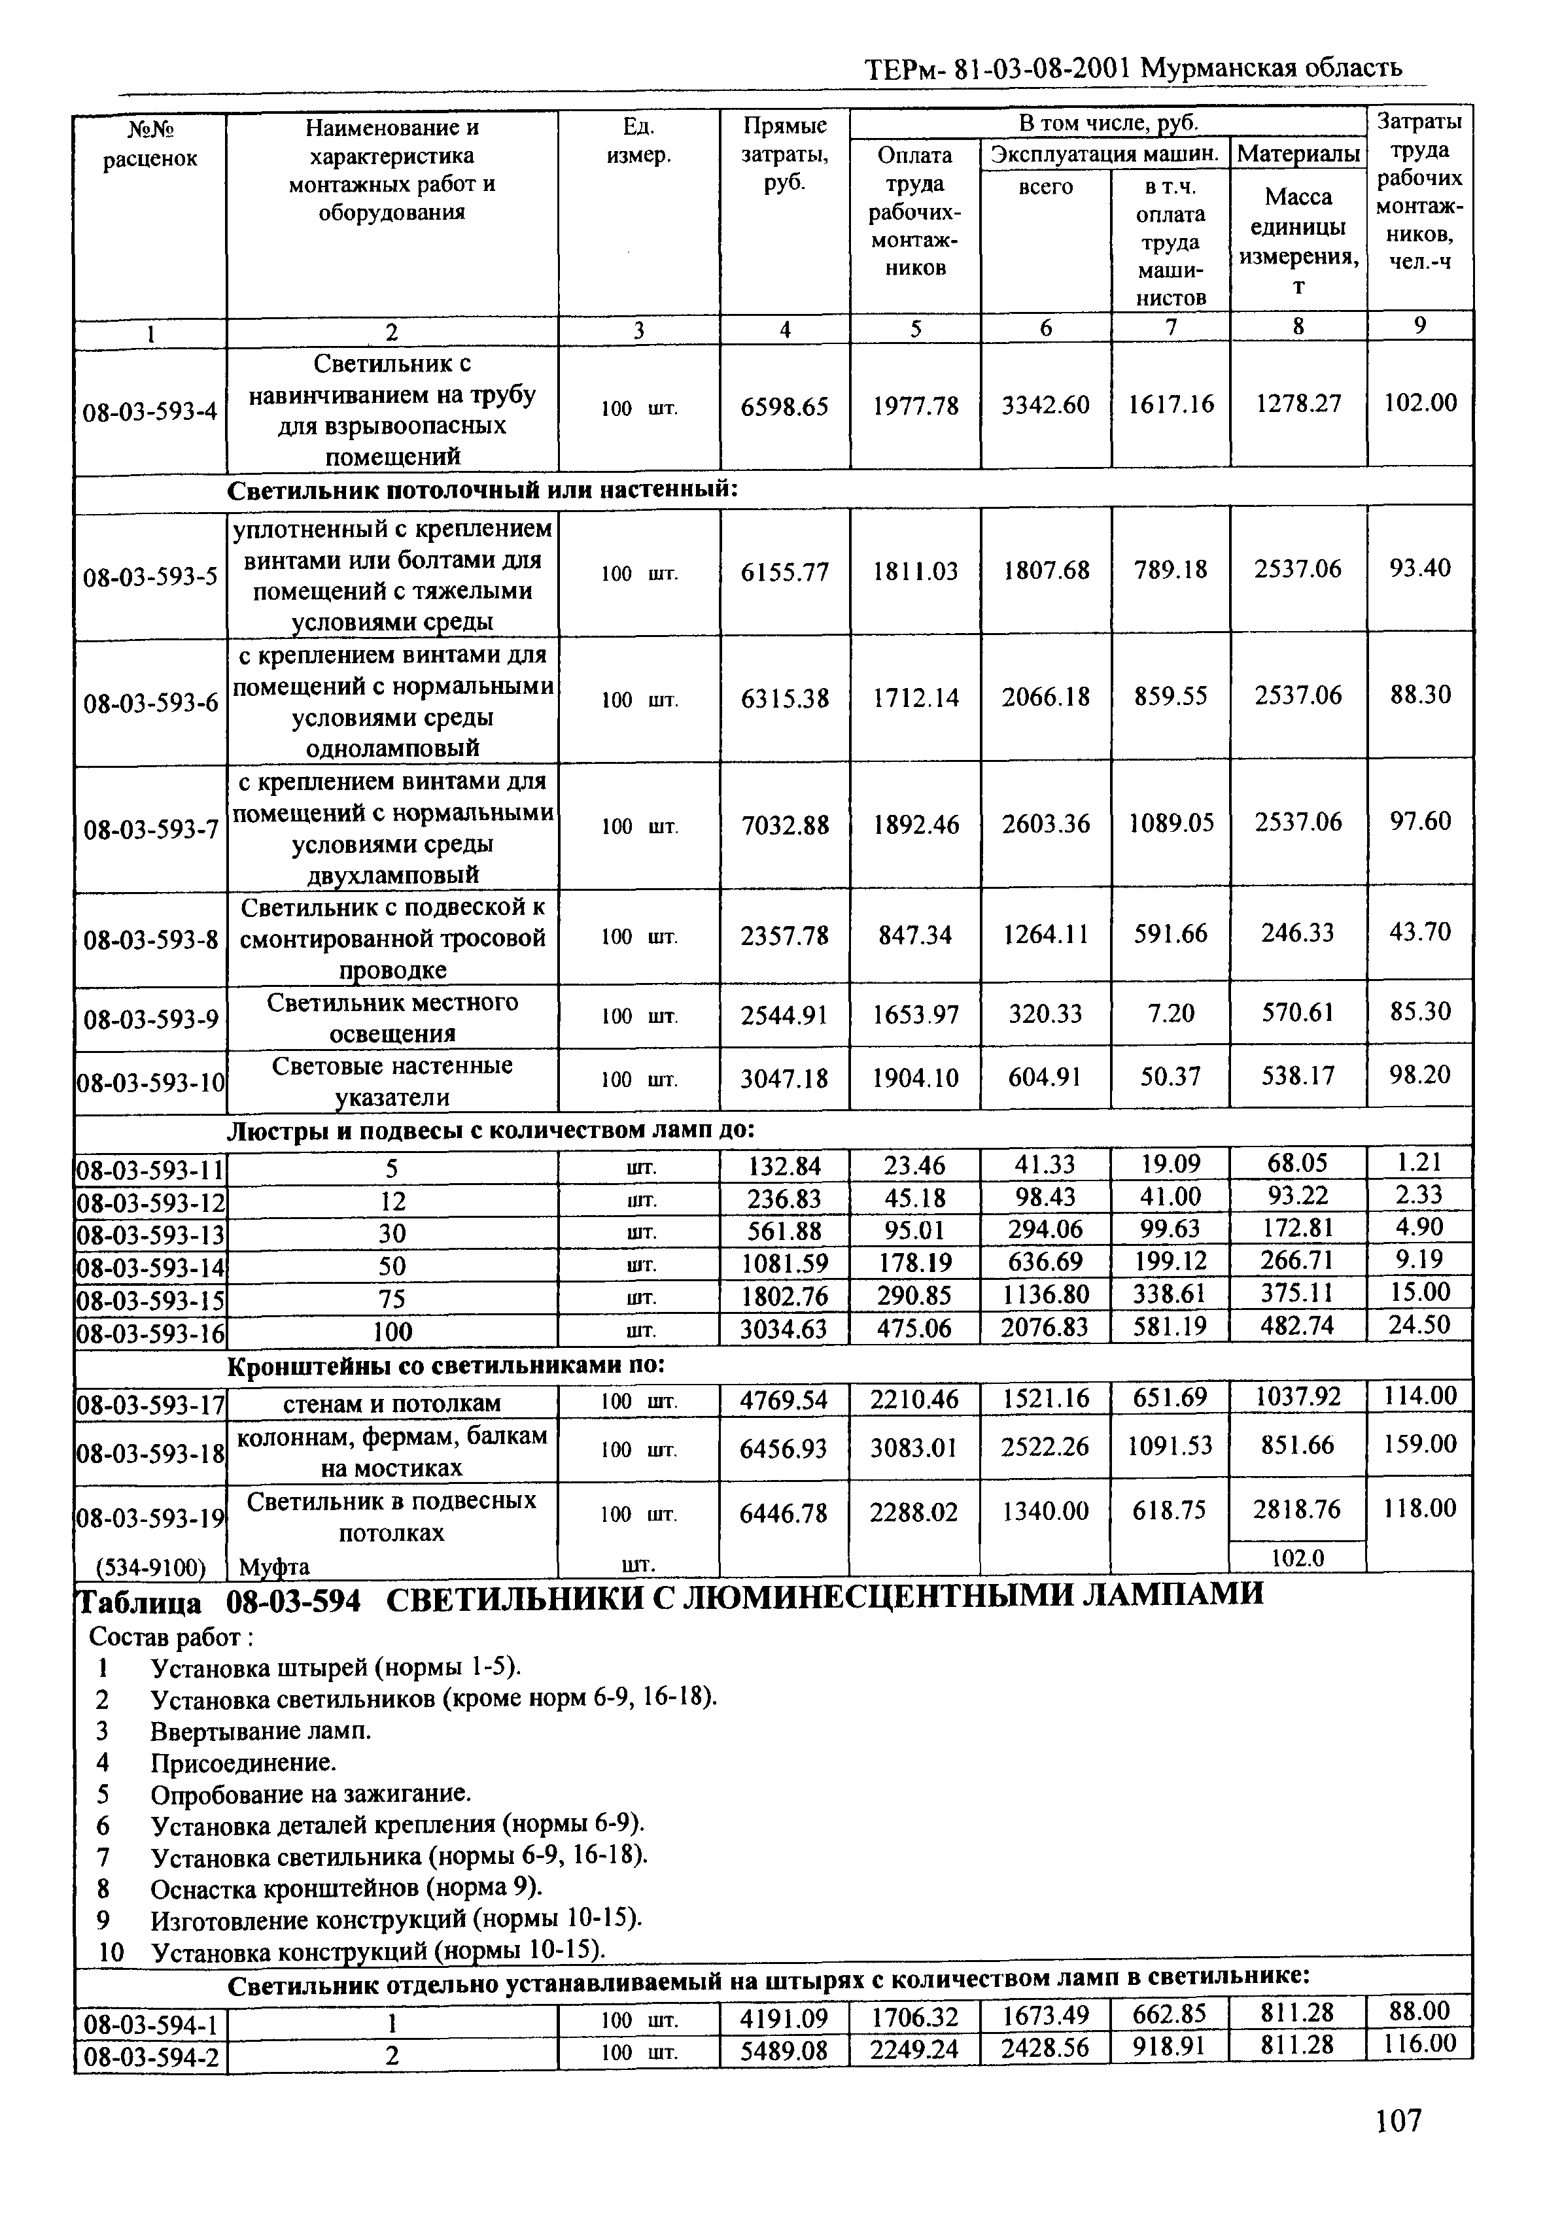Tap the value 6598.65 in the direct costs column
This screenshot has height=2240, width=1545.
[x=784, y=407]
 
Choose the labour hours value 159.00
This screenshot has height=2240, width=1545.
[x=1419, y=1444]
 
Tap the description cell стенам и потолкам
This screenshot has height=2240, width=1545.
[x=392, y=1403]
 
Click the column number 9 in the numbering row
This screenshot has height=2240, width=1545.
[x=1419, y=326]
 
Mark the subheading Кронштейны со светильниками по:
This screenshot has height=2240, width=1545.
[x=445, y=1365]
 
